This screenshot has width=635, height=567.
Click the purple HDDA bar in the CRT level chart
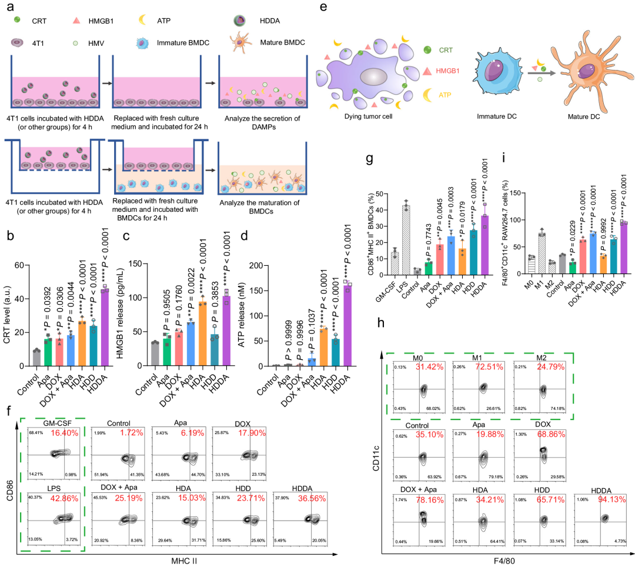click(105, 328)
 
